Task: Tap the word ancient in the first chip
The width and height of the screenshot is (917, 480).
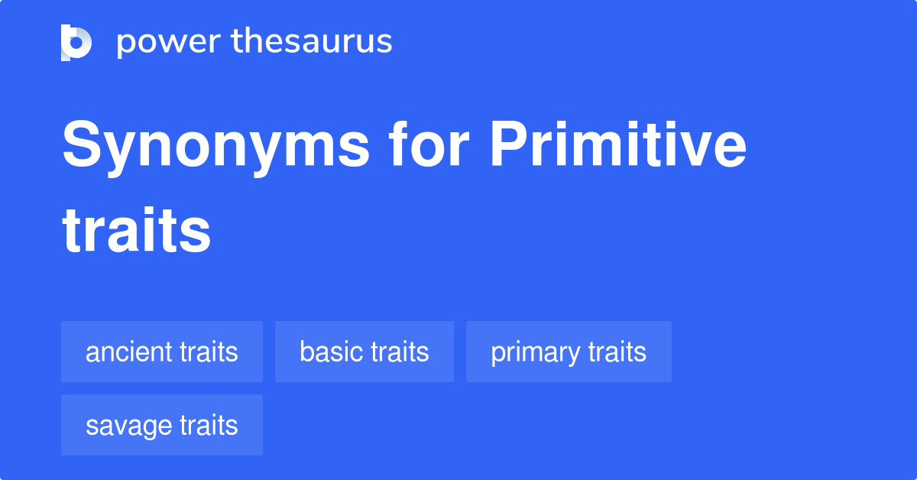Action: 128,352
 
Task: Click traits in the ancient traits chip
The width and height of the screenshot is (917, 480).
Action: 209,352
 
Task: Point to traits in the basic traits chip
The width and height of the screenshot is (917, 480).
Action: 400,352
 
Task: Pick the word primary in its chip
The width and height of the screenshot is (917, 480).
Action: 535,352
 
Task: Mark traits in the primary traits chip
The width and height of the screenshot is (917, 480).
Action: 617,352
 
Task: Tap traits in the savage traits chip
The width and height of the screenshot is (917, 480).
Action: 209,426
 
